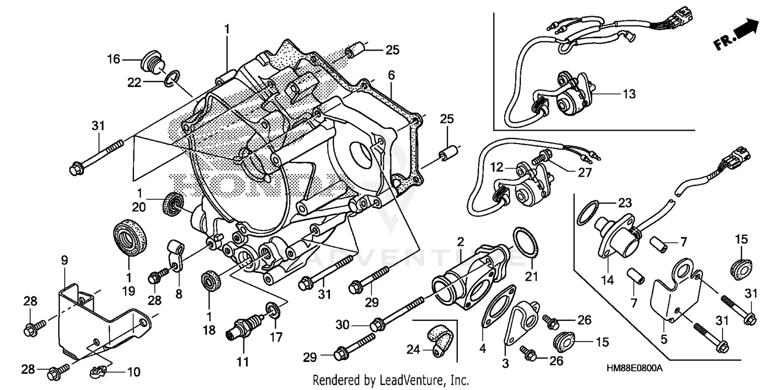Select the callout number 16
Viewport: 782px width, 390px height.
pos(114,58)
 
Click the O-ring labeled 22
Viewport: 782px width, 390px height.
pos(174,78)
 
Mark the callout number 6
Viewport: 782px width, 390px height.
pos(391,76)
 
